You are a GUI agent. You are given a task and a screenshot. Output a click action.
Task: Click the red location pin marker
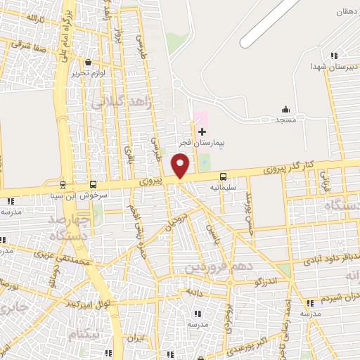tap(181, 165)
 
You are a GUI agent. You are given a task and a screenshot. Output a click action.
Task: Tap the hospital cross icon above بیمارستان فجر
tap(202, 131)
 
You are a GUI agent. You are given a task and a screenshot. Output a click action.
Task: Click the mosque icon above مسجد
tap(285, 109)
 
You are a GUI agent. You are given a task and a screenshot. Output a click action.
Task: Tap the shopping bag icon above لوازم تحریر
tap(88, 63)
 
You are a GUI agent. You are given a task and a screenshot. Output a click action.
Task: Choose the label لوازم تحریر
tap(88, 73)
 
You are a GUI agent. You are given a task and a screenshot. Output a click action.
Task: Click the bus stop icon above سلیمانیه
tap(224, 176)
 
